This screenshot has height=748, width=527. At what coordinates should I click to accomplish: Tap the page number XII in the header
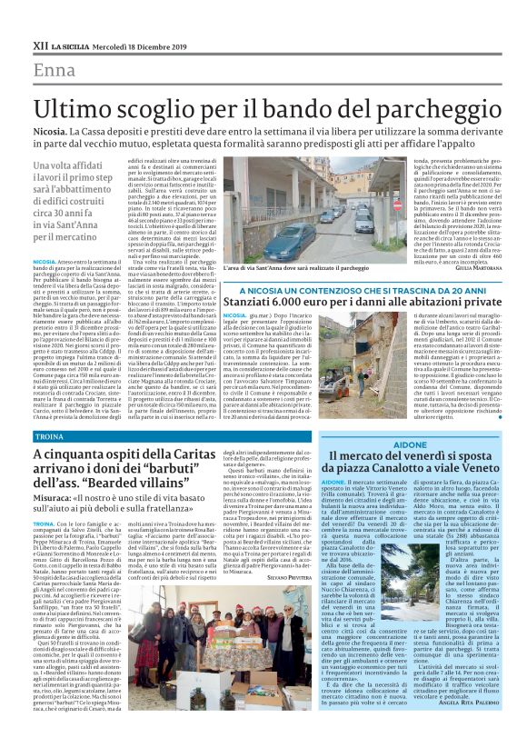click(x=39, y=45)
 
